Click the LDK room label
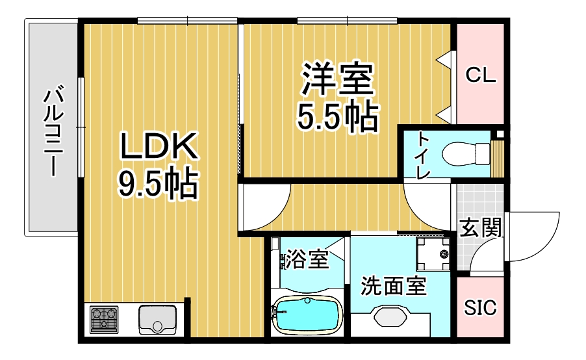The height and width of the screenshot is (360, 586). [158, 146]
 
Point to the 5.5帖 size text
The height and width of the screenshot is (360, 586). [338, 115]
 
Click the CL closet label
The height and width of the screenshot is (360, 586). [481, 75]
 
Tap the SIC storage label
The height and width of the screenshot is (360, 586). [480, 307]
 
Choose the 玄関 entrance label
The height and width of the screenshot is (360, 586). [480, 227]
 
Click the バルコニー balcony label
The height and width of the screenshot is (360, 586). [54, 131]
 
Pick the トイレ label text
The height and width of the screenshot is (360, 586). [424, 155]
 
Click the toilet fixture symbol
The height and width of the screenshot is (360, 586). [466, 153]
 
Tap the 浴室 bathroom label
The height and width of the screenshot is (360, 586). [307, 259]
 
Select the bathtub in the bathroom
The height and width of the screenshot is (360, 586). [307, 315]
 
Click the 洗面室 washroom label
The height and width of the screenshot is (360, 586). [393, 286]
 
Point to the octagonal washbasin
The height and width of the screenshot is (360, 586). [390, 317]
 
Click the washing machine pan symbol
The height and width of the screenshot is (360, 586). [433, 254]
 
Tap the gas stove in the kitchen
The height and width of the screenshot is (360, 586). [104, 319]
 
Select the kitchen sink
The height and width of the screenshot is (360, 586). [157, 320]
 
